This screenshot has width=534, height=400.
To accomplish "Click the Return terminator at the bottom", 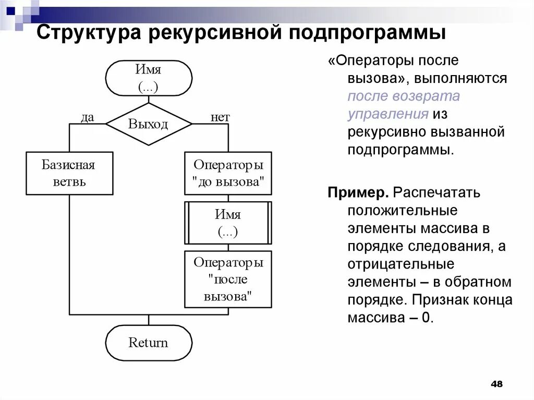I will coord(149,343).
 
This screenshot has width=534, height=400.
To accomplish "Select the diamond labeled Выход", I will coord(149,124).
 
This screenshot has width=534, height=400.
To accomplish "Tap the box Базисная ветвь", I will coord(69,173).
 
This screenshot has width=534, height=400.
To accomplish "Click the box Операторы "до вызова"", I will coord(228,173).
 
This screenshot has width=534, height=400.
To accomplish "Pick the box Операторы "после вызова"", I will coord(228,279).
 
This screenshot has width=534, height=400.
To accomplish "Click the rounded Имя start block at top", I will coord(149,78).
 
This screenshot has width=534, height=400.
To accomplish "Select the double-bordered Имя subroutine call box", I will coord(228,223).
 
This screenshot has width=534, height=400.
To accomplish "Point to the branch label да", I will coord(87,117).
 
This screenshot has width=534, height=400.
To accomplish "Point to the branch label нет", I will coord(220,117).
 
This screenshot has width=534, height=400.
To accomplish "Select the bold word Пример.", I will coord(358,193).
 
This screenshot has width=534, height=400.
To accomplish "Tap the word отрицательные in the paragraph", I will coord(401,264).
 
